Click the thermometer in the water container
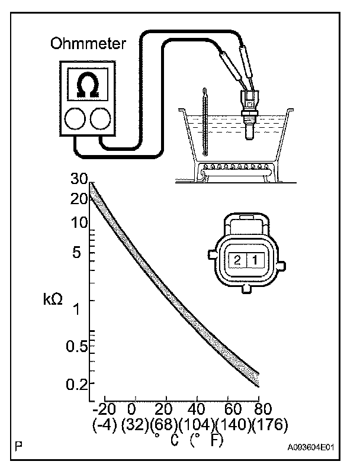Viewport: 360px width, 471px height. pos(204,121)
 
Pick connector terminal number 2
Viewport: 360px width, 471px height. pos(237,260)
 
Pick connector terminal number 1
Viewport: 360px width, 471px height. pos(253,260)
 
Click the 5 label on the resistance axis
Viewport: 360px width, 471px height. pos(83,253)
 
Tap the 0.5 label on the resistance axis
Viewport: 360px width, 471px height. pos(78,347)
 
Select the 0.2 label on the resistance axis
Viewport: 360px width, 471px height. pos(78,385)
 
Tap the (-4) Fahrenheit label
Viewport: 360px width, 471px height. pos(104,425)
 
